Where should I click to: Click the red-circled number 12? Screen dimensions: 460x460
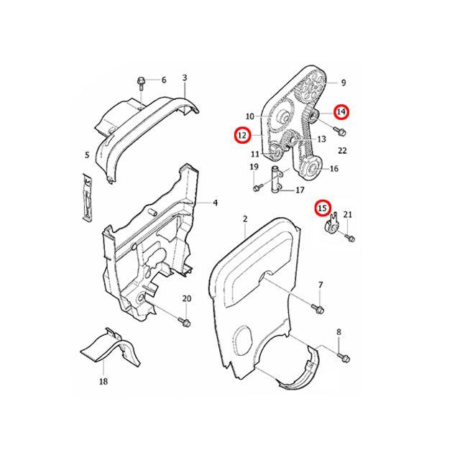coord(241,134)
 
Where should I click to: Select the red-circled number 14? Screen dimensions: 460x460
coord(341,111)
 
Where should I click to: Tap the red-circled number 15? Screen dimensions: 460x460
coord(324,208)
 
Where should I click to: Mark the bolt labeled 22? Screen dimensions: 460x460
coord(341,132)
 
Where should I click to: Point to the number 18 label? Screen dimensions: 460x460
coord(103,382)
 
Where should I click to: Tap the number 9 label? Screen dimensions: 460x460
coord(343,83)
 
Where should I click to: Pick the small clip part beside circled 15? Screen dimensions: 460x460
coord(333,226)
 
